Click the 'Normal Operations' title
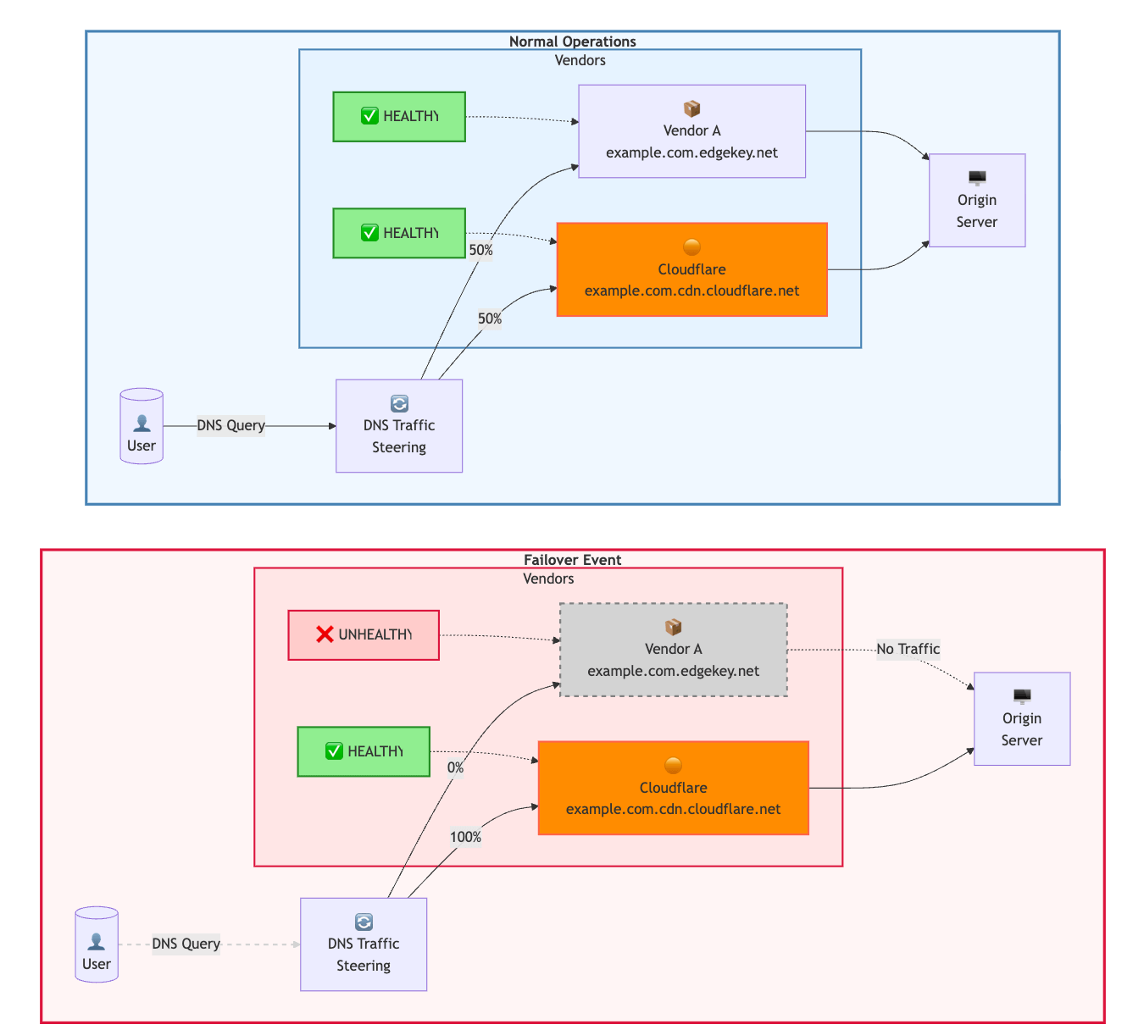coord(572,42)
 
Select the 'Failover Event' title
coord(572,560)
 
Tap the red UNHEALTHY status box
coord(364,635)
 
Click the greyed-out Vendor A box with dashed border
coord(674,650)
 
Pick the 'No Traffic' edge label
coord(908,649)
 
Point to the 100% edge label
coord(465,837)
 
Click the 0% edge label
coord(455,767)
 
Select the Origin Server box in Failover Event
coord(1022,719)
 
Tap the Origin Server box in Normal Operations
coord(977,201)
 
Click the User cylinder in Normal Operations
coord(142,426)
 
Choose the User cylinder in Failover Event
coord(97,944)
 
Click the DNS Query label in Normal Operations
coord(230,425)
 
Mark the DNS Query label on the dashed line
coord(186,944)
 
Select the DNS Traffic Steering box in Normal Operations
coord(399,426)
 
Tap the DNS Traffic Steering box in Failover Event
coord(364,944)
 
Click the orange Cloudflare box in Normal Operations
coord(691,270)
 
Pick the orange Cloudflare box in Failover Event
coord(674,789)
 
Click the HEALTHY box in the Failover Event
coord(364,751)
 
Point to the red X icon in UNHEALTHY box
coord(325,634)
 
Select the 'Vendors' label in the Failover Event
coord(548,579)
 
